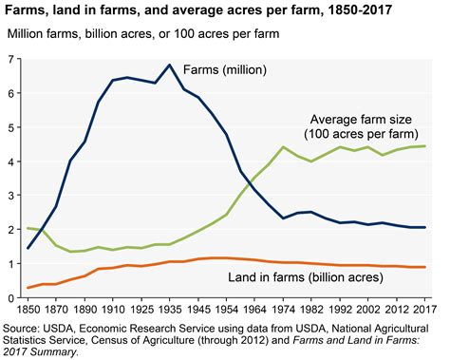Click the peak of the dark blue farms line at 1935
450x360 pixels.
click(x=169, y=66)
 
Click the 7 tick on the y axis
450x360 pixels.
click(x=11, y=59)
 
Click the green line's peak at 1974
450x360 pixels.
click(x=283, y=147)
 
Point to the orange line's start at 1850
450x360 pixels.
click(x=28, y=288)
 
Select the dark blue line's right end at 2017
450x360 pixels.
click(x=423, y=228)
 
